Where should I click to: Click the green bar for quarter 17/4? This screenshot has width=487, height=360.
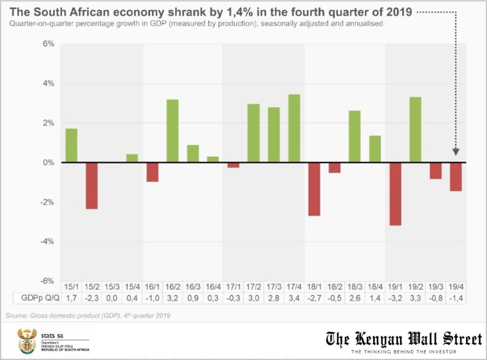click(x=294, y=128)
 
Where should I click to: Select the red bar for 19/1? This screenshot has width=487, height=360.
click(x=395, y=194)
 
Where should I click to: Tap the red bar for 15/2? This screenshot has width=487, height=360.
click(x=91, y=186)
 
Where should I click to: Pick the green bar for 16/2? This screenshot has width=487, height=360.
click(x=172, y=131)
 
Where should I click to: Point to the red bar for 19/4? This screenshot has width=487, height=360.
click(x=456, y=177)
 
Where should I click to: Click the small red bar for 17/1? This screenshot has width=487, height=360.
click(x=233, y=165)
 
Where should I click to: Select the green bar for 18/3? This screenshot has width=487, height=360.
click(x=355, y=136)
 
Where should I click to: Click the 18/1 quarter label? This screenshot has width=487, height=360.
click(x=314, y=287)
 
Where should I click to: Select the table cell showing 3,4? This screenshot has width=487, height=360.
click(x=294, y=299)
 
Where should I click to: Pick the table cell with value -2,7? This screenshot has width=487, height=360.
click(x=314, y=299)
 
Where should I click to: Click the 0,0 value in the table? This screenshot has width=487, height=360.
click(x=112, y=299)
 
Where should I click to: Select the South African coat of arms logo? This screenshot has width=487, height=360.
click(x=27, y=341)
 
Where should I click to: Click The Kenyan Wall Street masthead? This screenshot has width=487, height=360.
click(x=403, y=339)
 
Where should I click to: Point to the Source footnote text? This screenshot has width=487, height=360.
click(x=88, y=315)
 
